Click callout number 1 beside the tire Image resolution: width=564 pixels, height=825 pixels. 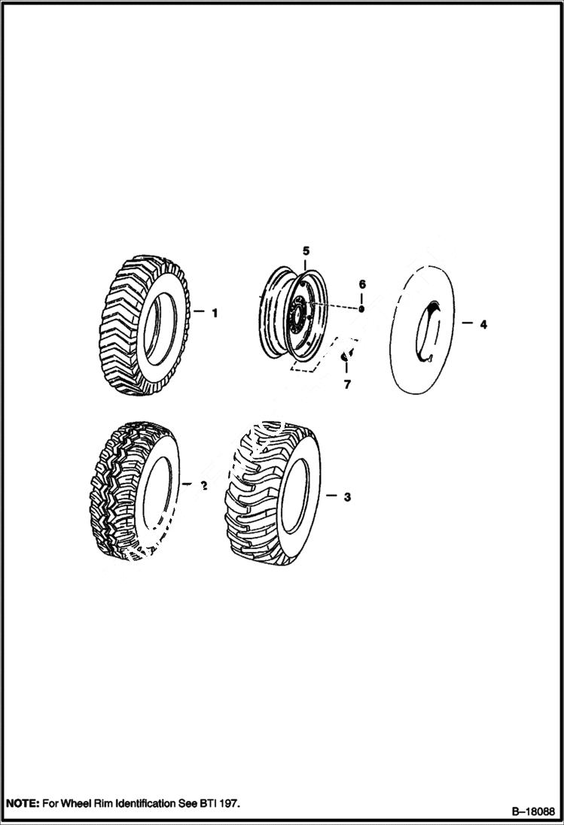pos(214,313)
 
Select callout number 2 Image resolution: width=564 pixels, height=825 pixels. pos(203,486)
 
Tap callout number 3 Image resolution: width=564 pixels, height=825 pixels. pos(347,497)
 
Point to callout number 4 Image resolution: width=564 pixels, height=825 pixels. pos(483,324)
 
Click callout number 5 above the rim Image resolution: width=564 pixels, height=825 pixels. pos(306,249)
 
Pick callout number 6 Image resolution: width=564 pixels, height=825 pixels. pos(361,284)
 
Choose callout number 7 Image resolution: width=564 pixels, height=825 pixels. pos(347,384)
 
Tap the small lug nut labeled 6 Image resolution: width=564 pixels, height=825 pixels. pos(361,308)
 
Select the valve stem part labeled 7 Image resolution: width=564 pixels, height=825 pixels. pos(346,355)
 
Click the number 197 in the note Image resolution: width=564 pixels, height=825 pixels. pos(228,804)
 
